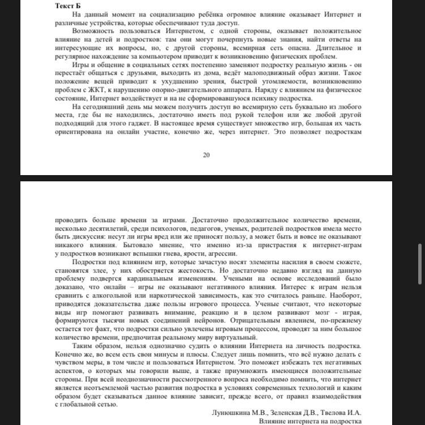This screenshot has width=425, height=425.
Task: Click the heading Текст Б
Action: point(71,6)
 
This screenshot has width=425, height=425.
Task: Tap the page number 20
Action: point(206,155)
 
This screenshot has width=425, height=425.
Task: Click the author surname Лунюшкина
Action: point(235,413)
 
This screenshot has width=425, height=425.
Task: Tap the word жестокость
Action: point(198,270)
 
